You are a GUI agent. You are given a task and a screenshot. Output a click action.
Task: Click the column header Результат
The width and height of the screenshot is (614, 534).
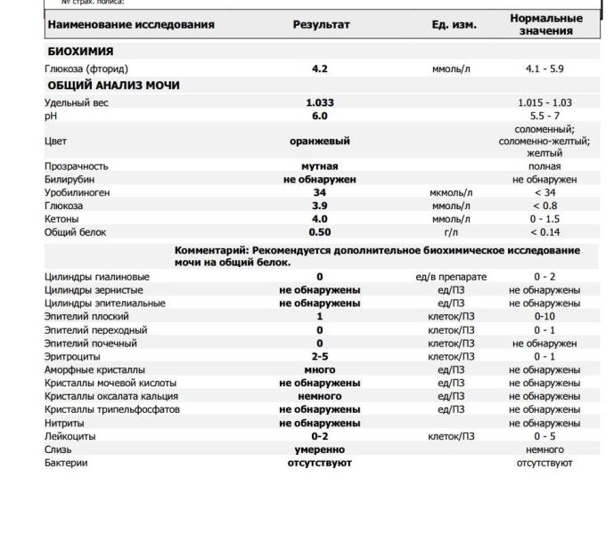[320, 24]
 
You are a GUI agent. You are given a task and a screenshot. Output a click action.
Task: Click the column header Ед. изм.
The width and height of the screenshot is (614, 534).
[454, 24]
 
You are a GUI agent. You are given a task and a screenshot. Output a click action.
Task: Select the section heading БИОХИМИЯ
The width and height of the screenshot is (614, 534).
[80, 52]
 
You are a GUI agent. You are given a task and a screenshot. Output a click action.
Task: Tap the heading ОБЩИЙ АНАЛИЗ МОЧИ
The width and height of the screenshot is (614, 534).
[113, 85]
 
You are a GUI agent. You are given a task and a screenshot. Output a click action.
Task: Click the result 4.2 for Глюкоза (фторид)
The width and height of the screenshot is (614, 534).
[320, 69]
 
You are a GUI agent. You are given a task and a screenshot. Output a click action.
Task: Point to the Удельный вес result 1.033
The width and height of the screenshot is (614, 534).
[320, 102]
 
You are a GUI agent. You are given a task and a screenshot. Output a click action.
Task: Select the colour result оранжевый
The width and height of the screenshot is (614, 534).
[320, 141]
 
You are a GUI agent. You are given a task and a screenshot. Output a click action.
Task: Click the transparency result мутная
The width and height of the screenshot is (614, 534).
[320, 166]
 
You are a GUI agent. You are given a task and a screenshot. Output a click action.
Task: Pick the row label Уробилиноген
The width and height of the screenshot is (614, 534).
[78, 192]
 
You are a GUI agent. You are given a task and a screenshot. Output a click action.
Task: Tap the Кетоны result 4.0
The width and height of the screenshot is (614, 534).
[320, 218]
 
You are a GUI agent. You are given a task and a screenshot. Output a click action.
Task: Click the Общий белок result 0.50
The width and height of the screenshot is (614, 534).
[320, 231]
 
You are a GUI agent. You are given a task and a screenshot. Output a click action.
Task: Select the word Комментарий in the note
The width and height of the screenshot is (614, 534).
[211, 251]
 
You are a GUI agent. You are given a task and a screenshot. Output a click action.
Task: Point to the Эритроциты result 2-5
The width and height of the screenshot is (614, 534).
[320, 356]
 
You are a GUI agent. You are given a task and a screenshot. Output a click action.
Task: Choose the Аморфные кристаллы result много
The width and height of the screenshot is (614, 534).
[320, 369]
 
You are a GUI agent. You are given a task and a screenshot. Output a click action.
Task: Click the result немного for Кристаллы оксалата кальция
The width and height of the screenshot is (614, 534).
[320, 396]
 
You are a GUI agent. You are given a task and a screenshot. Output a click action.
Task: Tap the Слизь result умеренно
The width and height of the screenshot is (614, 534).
[320, 449]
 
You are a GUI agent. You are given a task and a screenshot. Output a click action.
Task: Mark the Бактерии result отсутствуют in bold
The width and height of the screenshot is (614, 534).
[320, 463]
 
